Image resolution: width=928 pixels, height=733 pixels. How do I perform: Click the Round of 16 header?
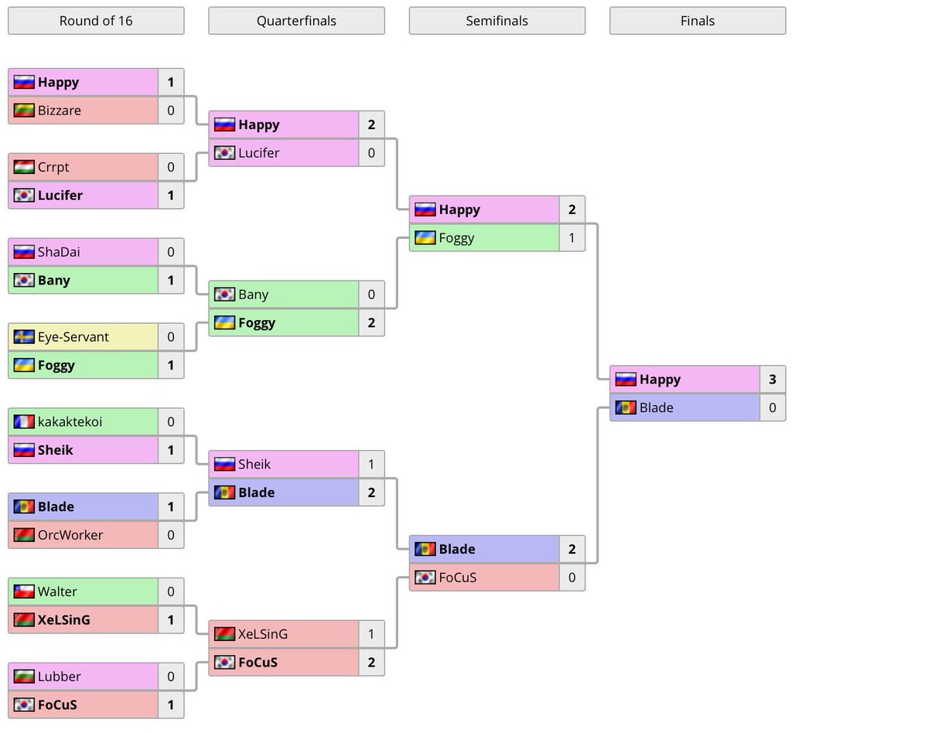(x=96, y=21)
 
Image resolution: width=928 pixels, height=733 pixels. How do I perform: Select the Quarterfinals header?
(x=296, y=21)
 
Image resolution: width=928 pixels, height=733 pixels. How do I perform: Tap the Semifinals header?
(x=496, y=21)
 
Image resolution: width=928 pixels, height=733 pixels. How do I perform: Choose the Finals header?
(x=698, y=21)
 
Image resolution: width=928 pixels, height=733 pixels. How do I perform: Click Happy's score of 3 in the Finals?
(x=773, y=380)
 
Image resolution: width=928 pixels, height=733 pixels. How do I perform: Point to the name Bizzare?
(x=60, y=111)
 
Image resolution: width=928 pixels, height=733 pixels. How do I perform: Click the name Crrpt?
(x=53, y=167)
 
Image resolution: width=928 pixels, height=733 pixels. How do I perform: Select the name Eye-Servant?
(x=73, y=337)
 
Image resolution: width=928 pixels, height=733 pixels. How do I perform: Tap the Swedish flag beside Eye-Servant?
(x=24, y=337)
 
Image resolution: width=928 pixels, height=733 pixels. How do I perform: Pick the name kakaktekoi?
(x=70, y=422)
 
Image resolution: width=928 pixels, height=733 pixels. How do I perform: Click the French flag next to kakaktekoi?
(x=24, y=422)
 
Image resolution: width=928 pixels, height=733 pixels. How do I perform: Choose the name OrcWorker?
(x=70, y=535)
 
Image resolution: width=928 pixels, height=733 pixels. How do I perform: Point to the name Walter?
(x=57, y=592)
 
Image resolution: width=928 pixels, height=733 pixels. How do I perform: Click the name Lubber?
(x=59, y=677)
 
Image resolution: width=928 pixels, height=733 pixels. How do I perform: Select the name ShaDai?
(x=59, y=252)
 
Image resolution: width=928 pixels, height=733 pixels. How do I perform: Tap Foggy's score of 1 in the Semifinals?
(x=571, y=238)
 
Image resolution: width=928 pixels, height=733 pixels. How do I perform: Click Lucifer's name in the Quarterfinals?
(x=259, y=153)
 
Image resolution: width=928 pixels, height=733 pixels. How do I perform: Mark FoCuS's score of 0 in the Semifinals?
(x=571, y=578)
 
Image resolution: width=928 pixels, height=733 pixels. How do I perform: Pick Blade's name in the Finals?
(x=657, y=408)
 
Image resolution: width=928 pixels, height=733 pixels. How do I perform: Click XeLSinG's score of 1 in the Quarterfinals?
(x=371, y=634)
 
